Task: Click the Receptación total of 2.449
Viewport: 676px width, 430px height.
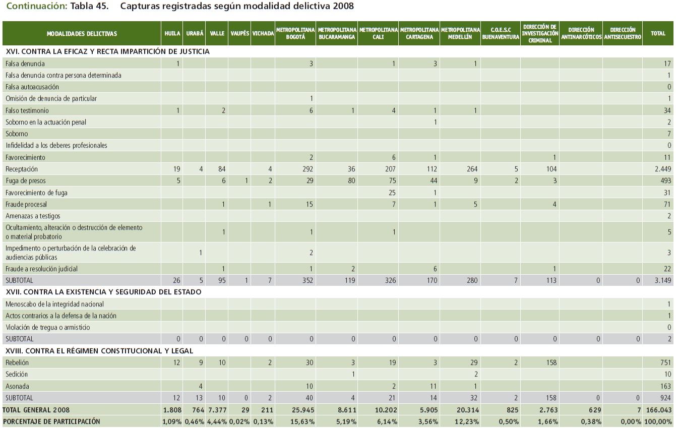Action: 663,169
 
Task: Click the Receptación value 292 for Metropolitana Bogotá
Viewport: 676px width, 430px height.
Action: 307,169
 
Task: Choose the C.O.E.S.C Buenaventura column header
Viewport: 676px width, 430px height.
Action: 501,34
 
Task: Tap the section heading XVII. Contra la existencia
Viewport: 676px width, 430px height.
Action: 103,292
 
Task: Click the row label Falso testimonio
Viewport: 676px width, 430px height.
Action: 27,110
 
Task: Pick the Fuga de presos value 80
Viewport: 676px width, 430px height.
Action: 351,180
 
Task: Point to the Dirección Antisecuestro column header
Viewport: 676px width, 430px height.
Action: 622,34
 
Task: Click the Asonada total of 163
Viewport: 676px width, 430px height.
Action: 665,386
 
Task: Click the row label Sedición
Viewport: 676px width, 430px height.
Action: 17,375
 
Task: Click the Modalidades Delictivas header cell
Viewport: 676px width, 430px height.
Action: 82,34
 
